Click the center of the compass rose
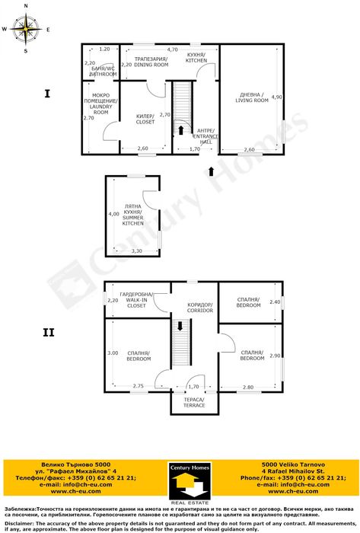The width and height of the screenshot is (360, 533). point(27,30)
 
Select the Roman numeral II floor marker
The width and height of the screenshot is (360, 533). point(49,332)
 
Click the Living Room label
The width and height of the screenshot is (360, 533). point(246,97)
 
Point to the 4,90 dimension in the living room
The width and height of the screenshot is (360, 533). point(276,97)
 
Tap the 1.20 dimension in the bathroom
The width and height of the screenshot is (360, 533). point(105,49)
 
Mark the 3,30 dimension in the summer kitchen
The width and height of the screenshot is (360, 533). point(137,251)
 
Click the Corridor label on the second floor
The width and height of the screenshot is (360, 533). point(199,308)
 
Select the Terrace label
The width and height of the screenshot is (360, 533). point(193,403)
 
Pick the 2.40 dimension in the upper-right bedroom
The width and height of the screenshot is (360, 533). point(276,302)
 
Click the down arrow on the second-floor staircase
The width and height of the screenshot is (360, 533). point(180,326)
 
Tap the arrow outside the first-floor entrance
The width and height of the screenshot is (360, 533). point(211,171)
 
